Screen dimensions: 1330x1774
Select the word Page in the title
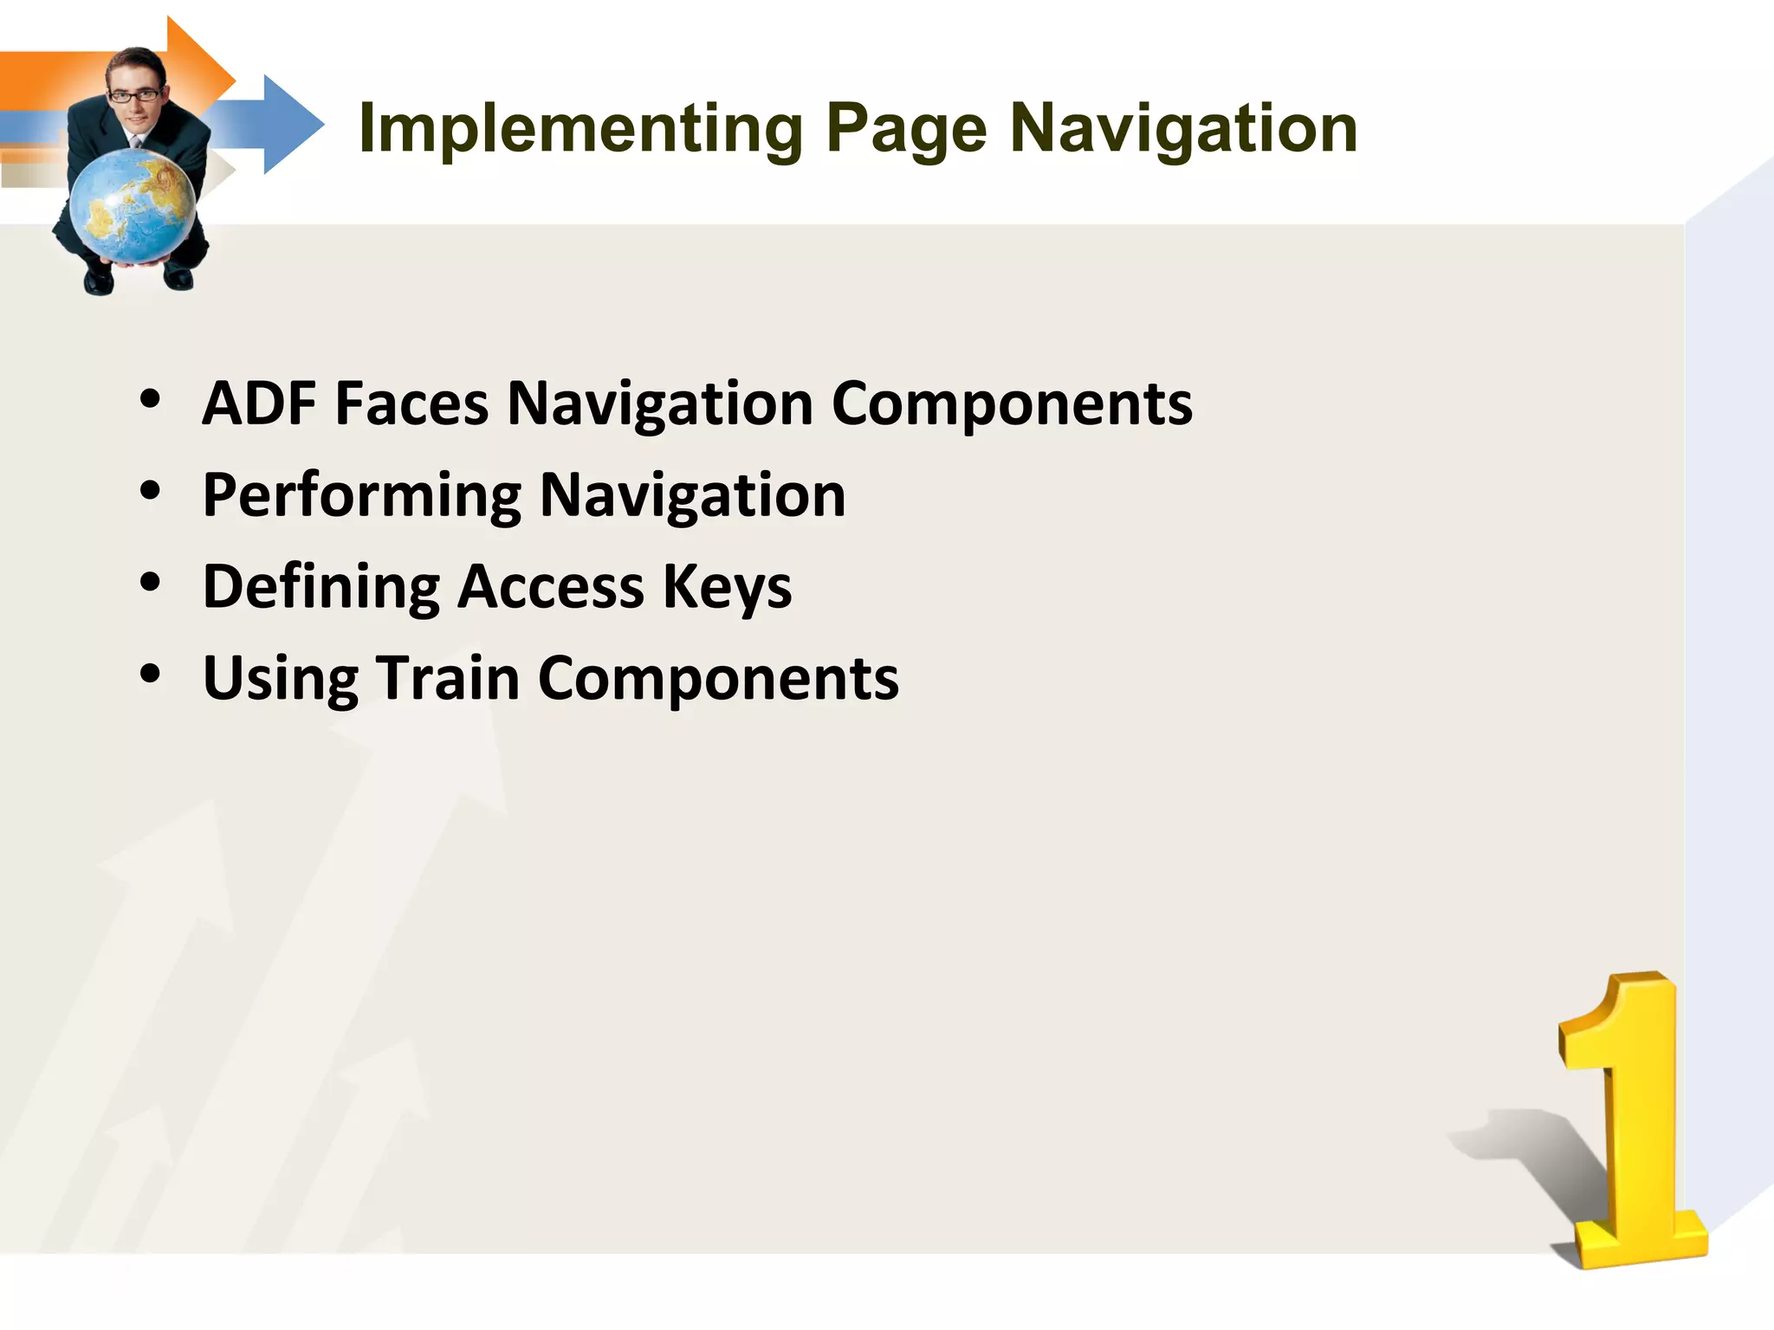click(906, 130)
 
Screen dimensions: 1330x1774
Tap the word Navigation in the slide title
click(1183, 130)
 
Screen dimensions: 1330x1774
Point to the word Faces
click(411, 404)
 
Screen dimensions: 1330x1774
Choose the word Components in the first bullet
click(1011, 404)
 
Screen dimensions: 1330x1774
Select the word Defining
click(320, 587)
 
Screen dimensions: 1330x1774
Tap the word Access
click(551, 587)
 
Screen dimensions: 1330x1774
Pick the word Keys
click(727, 587)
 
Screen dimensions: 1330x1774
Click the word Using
click(281, 679)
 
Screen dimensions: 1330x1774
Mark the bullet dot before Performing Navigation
click(151, 491)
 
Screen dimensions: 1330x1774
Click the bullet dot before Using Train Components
click(151, 674)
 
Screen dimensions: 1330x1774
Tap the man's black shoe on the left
click(98, 281)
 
